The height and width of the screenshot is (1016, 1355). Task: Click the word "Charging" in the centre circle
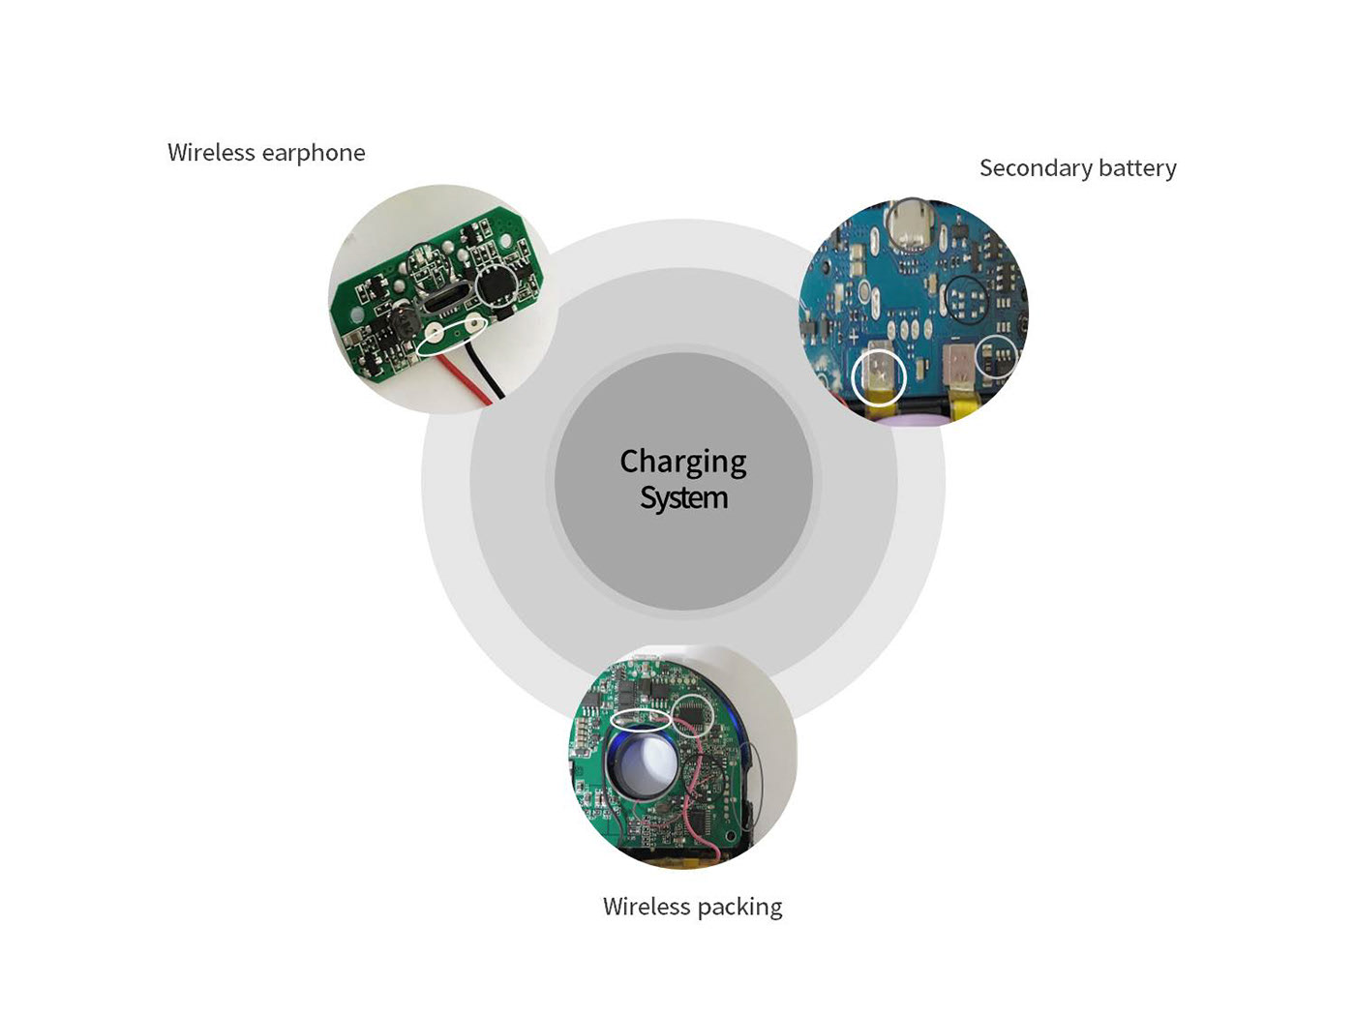(682, 463)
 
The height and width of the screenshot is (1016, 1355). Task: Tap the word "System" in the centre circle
(683, 498)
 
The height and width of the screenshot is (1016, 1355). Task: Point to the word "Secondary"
(1035, 168)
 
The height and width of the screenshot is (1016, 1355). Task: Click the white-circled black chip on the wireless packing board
(692, 714)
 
